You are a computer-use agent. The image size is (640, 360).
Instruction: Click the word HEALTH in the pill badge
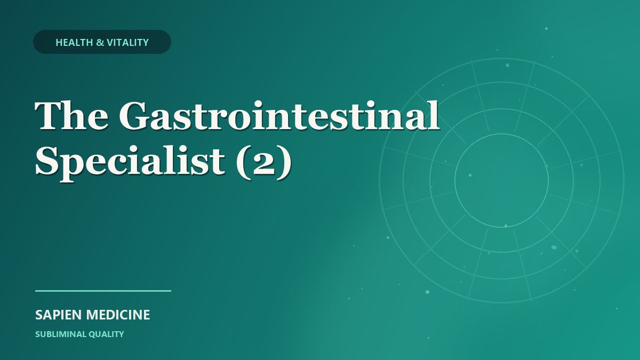tap(74, 43)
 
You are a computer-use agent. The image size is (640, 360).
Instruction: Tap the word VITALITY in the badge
tap(127, 43)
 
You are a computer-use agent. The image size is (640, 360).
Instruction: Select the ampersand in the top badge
tap(100, 43)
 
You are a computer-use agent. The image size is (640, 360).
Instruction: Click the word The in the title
tap(71, 115)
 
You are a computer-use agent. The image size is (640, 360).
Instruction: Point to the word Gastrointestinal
tap(279, 115)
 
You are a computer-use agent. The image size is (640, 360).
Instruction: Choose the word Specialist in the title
tap(130, 161)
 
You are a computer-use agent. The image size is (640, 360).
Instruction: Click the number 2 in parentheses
tap(263, 163)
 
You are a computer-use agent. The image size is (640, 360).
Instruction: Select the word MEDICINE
tap(118, 315)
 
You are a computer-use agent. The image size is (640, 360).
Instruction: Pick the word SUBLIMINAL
tap(60, 334)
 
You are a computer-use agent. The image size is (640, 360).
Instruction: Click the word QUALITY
tap(106, 334)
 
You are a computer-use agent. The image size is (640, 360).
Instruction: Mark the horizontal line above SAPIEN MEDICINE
tap(103, 291)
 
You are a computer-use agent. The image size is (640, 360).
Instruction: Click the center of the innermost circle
tap(502, 180)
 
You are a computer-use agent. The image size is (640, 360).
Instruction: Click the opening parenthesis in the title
tap(243, 163)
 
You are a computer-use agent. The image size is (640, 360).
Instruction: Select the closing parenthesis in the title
tap(285, 163)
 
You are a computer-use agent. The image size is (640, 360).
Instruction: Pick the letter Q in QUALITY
tap(92, 334)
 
